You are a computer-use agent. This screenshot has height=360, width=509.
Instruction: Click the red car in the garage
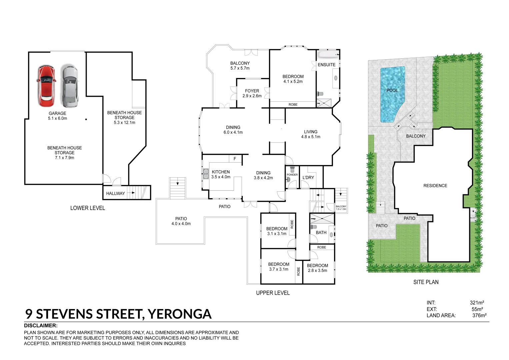[46, 86]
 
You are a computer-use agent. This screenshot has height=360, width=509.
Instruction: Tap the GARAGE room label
[57, 113]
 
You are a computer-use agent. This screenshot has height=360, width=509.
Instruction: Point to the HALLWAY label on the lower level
[115, 193]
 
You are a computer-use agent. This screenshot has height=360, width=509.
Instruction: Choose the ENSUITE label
[326, 65]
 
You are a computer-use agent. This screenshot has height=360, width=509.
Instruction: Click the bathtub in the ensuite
[327, 54]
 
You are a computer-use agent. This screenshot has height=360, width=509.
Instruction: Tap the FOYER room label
[252, 91]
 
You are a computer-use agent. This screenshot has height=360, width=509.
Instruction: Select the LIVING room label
[311, 132]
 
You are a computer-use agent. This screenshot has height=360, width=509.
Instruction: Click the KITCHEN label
[221, 172]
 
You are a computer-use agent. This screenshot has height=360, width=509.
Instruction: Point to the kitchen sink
[206, 174]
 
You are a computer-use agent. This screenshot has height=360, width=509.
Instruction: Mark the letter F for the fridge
[235, 159]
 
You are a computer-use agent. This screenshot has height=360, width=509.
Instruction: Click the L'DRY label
[308, 177]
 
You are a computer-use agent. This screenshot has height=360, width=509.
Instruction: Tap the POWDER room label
[292, 175]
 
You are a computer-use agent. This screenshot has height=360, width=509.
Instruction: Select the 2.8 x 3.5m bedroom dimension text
[317, 271]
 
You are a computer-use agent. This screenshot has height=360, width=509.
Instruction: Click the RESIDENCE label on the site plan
[435, 186]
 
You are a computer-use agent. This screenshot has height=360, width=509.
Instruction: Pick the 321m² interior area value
[477, 303]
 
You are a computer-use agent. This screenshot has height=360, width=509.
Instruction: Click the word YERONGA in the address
[179, 314]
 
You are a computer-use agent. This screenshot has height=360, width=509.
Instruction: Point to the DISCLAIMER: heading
[41, 326]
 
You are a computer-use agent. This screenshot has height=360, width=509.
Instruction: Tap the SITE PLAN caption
[426, 282]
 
